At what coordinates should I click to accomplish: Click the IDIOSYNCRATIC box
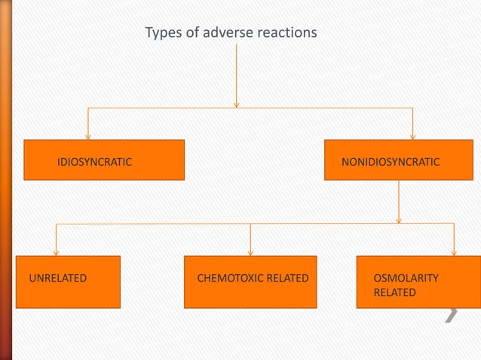pos(104,160)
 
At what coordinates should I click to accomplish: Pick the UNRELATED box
pos(68,282)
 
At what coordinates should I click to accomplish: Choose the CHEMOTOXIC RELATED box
pos(250,282)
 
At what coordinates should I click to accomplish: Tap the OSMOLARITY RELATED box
pos(408,282)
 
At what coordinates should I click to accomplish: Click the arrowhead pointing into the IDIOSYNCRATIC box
pos(88,136)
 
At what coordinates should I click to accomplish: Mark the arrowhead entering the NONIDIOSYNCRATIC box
pos(412,136)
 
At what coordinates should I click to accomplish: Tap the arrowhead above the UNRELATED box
pos(56,252)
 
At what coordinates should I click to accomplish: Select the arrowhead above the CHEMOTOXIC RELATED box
pos(250,252)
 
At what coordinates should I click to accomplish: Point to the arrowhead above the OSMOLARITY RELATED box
pos(454,252)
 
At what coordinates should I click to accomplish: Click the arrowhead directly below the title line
pos(237,104)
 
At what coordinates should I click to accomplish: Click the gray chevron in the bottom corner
pos(451,314)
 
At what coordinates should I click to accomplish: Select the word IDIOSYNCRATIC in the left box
pos(94,162)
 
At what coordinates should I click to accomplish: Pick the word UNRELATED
pos(57,279)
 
